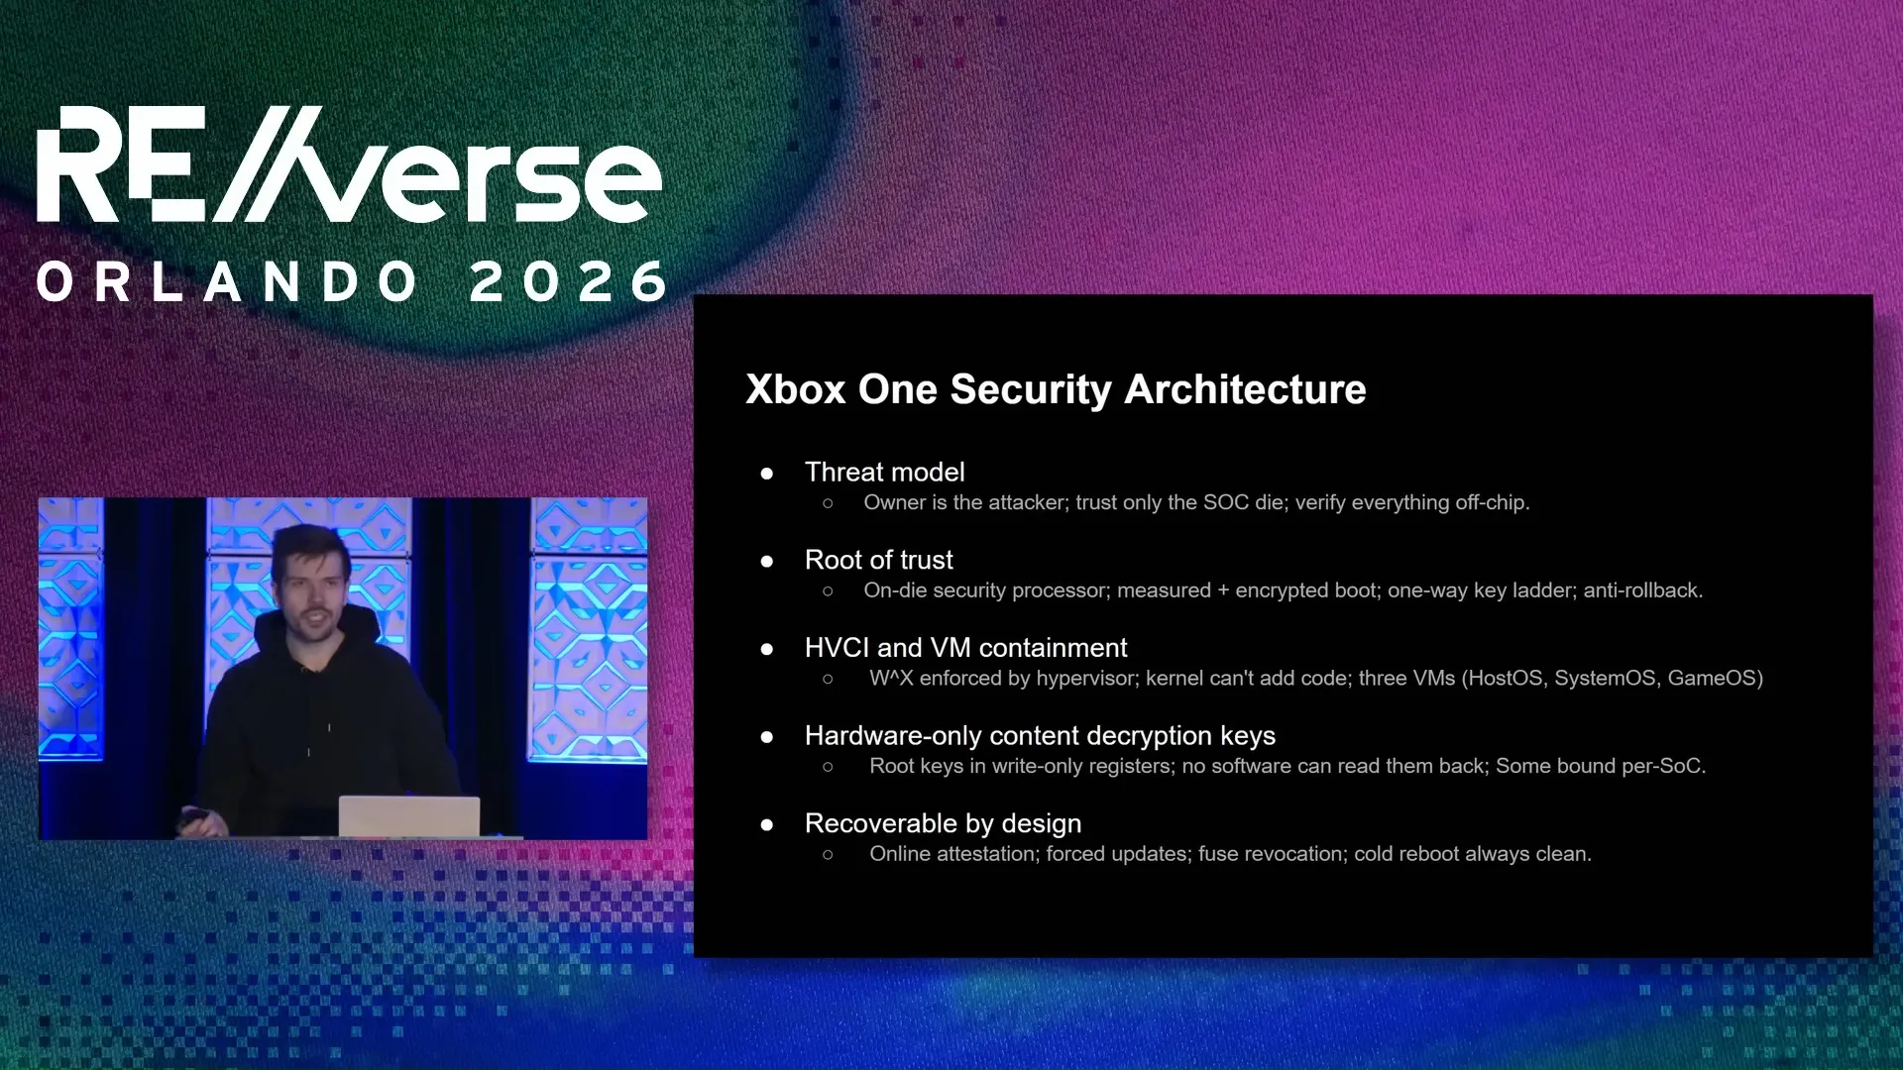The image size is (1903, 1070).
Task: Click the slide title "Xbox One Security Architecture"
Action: (1056, 389)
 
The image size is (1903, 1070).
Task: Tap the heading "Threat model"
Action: (884, 472)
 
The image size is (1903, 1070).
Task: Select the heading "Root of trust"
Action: (878, 560)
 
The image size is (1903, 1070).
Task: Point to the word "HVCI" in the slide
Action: (837, 648)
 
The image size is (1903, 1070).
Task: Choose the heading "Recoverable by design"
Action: (943, 823)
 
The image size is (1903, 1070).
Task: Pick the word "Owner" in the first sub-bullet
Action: (895, 502)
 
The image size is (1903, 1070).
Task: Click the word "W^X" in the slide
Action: (891, 678)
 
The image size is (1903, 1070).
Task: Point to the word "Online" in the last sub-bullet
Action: (900, 854)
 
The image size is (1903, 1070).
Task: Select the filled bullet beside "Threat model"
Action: (766, 474)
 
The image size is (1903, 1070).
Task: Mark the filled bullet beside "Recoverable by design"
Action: (766, 825)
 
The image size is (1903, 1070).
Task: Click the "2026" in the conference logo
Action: (569, 282)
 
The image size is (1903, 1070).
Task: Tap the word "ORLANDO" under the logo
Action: (227, 282)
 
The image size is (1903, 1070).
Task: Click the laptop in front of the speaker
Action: (409, 816)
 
